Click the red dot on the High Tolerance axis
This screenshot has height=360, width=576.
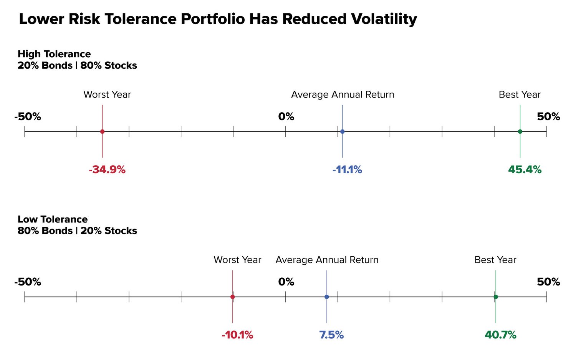coord(102,131)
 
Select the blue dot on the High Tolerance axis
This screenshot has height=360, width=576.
coord(342,131)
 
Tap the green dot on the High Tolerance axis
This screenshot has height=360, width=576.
coord(520,131)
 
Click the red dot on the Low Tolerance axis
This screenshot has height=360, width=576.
coord(232,297)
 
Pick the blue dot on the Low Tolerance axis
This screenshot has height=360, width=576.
coord(326,297)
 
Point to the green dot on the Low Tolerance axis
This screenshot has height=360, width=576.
coord(496,297)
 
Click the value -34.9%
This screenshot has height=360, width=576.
coord(107,169)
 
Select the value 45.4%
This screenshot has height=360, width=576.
coord(525,169)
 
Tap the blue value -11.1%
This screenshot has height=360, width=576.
coord(347,169)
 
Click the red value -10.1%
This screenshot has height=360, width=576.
coord(237,335)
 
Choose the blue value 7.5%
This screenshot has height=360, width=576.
coord(331,335)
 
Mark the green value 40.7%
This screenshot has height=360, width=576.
coord(500,335)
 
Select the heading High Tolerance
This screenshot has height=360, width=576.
coord(54,54)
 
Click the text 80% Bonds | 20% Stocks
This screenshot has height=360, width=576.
coord(77,231)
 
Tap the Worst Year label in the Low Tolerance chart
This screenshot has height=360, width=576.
coord(237,260)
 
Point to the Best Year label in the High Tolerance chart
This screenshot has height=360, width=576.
coord(520,95)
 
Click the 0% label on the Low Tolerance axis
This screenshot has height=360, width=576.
coord(286,282)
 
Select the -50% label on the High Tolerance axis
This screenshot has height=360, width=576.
coord(28,116)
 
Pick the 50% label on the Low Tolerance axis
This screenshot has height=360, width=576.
coord(548,282)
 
